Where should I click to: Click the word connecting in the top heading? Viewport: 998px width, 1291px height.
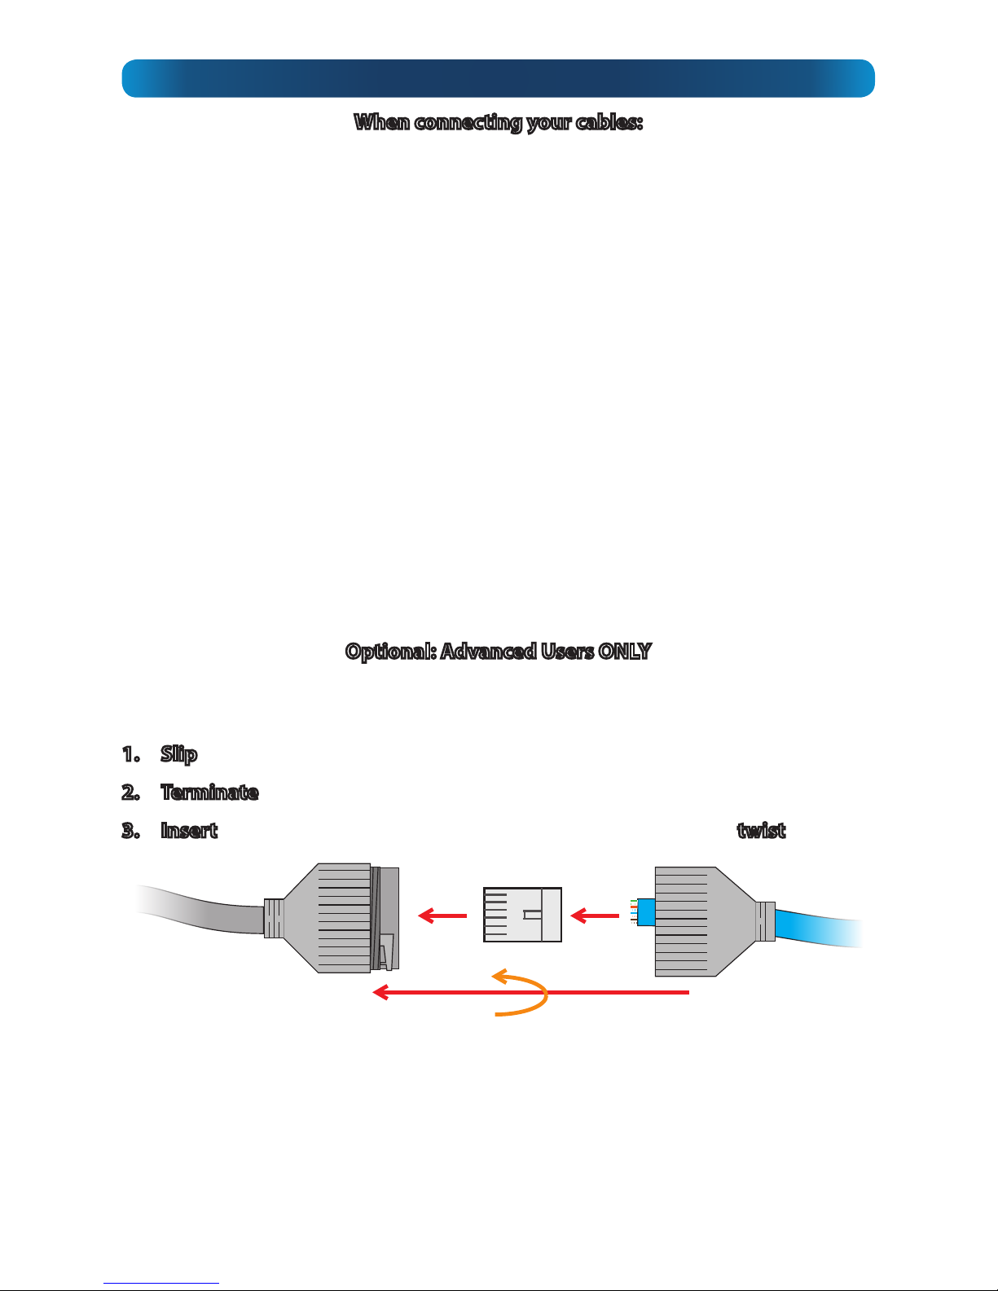[468, 122]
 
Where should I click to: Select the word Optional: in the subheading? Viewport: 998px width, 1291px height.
[391, 652]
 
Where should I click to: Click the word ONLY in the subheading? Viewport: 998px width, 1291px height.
[625, 651]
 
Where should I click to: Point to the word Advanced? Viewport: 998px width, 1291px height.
[488, 651]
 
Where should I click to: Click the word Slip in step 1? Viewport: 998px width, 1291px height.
[178, 754]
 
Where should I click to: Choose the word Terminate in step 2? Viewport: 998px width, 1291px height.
[209, 792]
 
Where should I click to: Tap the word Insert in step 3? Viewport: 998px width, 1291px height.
[189, 830]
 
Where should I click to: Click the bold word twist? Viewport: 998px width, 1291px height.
[761, 830]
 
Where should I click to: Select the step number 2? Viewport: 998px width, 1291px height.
[130, 792]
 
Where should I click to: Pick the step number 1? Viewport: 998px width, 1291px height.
[130, 754]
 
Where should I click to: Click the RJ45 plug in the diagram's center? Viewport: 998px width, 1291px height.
[522, 915]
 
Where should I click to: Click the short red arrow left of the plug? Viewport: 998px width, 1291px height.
[442, 916]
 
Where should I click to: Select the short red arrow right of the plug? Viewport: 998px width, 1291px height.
[595, 916]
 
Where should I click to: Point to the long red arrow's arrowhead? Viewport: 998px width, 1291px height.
[380, 992]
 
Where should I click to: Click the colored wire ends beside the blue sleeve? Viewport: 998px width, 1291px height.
[634, 912]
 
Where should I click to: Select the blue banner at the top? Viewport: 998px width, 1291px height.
[499, 78]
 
